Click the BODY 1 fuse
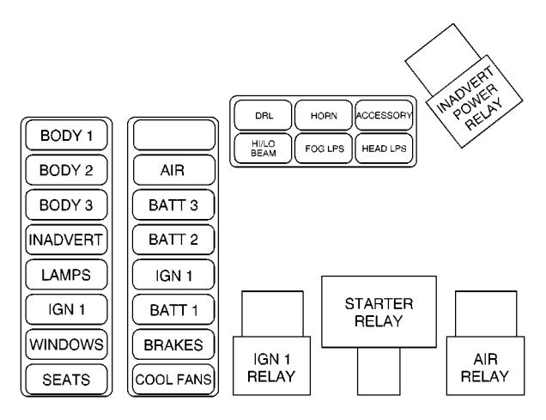[65, 135]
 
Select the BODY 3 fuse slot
[65, 204]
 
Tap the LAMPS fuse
[65, 274]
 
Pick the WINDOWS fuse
[65, 344]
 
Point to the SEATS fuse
[65, 378]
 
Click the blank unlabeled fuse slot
[173, 135]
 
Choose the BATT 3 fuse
[173, 204]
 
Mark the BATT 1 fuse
[173, 309]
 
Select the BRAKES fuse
[173, 344]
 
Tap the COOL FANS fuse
[173, 378]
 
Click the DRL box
[263, 114]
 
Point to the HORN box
[323, 114]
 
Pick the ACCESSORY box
[384, 114]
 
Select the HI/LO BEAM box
[263, 147]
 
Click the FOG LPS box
[323, 147]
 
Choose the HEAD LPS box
[384, 147]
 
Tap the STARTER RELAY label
[379, 313]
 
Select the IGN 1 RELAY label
[272, 368]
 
